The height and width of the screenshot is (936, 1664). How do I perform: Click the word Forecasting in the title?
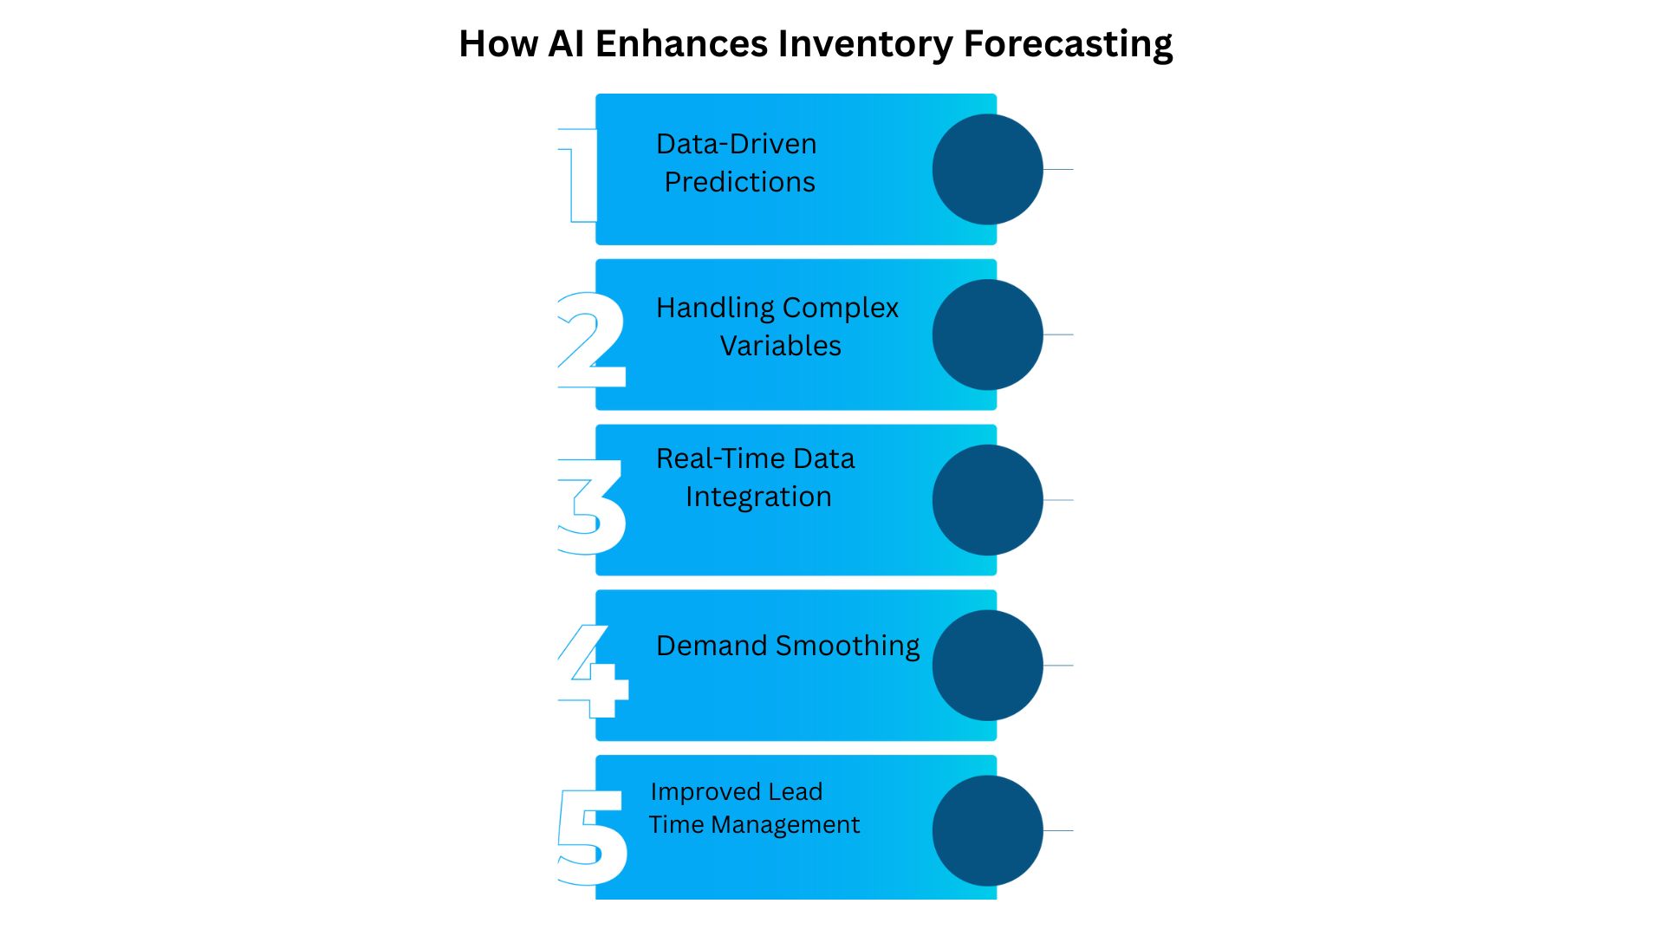[1068, 44]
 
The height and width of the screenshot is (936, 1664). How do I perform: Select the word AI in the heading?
[566, 44]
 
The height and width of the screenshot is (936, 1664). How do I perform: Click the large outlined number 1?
[579, 174]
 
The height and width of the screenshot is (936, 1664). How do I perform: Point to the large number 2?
[591, 340]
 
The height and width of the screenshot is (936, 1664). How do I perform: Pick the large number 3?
[591, 506]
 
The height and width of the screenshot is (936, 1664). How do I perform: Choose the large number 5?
[592, 836]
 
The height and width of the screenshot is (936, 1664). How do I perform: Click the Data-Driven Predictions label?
[738, 163]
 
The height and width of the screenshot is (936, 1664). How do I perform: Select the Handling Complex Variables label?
[777, 327]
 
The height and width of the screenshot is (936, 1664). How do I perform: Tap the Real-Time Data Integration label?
[756, 478]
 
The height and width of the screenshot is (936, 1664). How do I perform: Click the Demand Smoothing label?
[788, 646]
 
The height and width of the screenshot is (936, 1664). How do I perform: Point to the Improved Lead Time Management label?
[754, 808]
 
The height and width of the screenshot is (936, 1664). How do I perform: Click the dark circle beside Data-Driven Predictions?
[987, 169]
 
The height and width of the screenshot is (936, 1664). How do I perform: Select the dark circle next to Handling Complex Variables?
[987, 335]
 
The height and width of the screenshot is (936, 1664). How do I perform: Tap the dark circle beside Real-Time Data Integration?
[987, 500]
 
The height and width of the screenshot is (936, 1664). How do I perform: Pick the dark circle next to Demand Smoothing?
[987, 666]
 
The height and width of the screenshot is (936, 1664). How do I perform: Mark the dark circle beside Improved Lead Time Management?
[987, 830]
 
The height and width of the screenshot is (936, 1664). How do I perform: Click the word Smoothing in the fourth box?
[848, 647]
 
